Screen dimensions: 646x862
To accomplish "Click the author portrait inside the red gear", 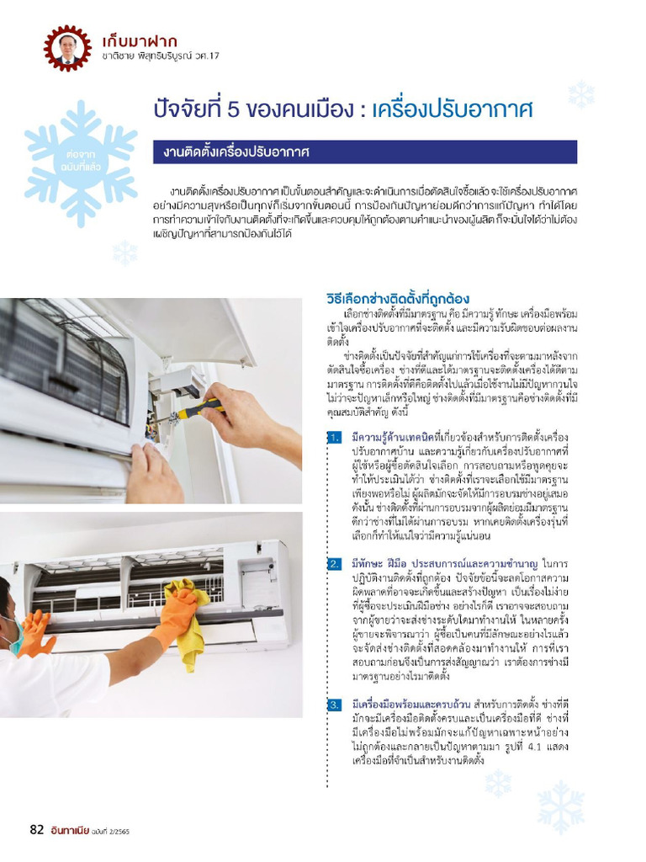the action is [67, 48].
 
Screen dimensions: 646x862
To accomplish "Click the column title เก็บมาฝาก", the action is [140, 41].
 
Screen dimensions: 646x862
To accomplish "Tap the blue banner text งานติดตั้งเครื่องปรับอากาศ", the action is [236, 152].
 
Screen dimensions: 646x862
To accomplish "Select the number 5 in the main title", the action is [233, 110].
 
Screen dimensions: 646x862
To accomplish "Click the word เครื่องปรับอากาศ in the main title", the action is [452, 109].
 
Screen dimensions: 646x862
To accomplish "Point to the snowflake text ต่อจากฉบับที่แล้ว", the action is [82, 160].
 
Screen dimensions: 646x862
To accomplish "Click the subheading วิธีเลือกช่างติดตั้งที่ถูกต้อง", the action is [398, 299].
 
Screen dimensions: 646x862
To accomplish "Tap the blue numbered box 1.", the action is [335, 438].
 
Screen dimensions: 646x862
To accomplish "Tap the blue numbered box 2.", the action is [335, 564].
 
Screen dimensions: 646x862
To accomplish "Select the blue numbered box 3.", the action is [335, 705].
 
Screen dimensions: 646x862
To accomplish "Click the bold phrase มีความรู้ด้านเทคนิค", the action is [392, 437].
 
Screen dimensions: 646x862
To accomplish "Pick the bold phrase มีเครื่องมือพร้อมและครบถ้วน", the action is [410, 705].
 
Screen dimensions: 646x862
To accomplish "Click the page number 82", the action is [36, 829].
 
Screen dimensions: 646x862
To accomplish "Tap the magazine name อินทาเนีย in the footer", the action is [69, 830].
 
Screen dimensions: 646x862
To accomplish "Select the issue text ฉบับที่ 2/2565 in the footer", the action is [111, 831].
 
